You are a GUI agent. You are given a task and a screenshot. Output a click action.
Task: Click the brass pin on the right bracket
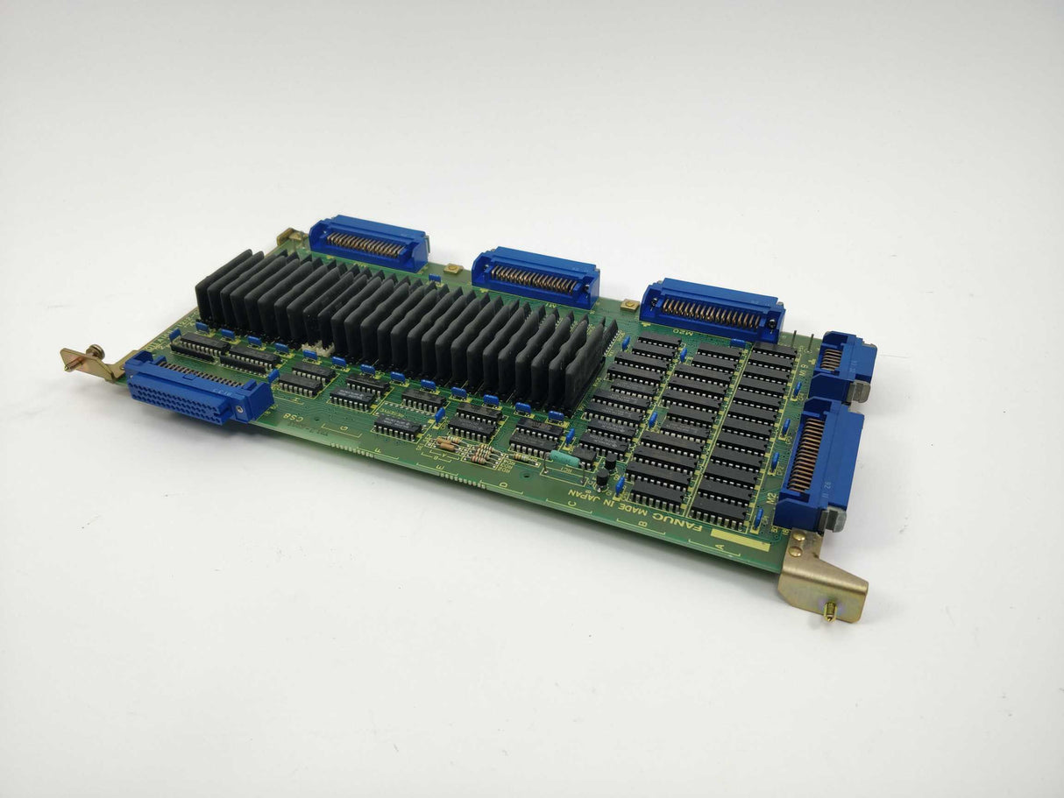click(x=828, y=614)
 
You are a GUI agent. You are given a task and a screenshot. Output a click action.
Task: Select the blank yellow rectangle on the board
click(x=745, y=544)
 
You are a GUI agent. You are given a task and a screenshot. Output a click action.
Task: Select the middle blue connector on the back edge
click(x=536, y=276)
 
